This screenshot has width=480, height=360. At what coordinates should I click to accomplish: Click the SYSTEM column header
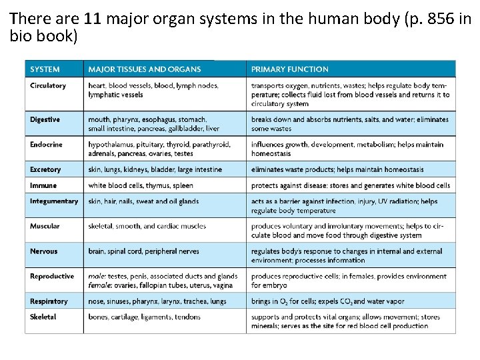pyautogui.click(x=45, y=69)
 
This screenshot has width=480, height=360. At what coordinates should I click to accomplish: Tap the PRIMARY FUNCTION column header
pyautogui.click(x=289, y=69)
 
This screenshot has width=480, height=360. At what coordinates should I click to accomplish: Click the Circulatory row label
pyautogui.click(x=48, y=85)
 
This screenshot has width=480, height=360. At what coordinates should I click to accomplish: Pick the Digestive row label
pyautogui.click(x=45, y=119)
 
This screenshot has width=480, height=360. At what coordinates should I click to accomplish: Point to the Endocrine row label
pyautogui.click(x=45, y=144)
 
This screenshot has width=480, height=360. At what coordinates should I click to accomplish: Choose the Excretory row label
pyautogui.click(x=45, y=169)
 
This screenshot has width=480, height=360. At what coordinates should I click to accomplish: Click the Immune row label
pyautogui.click(x=43, y=185)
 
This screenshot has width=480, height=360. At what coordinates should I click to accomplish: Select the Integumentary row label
pyautogui.click(x=54, y=201)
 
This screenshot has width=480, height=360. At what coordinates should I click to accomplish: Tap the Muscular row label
pyautogui.click(x=45, y=226)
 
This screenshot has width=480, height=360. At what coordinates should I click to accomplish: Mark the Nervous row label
pyautogui.click(x=44, y=251)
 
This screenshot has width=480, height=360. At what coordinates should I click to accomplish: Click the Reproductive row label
pyautogui.click(x=52, y=276)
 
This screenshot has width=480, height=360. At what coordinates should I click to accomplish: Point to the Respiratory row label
pyautogui.click(x=49, y=301)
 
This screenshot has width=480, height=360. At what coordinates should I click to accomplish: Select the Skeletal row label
pyautogui.click(x=43, y=317)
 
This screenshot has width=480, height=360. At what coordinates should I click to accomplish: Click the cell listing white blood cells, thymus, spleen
pyautogui.click(x=141, y=185)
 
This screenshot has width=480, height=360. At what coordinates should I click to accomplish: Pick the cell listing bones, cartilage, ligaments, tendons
pyautogui.click(x=144, y=317)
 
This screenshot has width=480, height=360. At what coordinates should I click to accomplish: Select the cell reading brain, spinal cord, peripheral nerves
pyautogui.click(x=143, y=251)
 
